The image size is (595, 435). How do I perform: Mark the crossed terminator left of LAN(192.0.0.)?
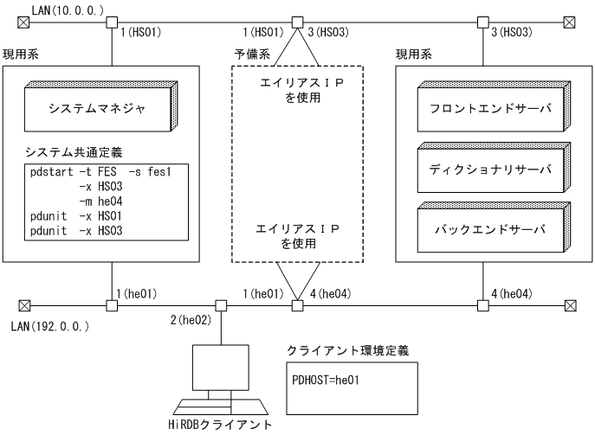click(x=24, y=304)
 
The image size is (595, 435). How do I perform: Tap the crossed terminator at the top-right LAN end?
click(x=569, y=22)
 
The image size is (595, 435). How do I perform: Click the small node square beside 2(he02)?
click(x=222, y=304)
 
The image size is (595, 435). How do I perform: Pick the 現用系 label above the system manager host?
click(x=22, y=54)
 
